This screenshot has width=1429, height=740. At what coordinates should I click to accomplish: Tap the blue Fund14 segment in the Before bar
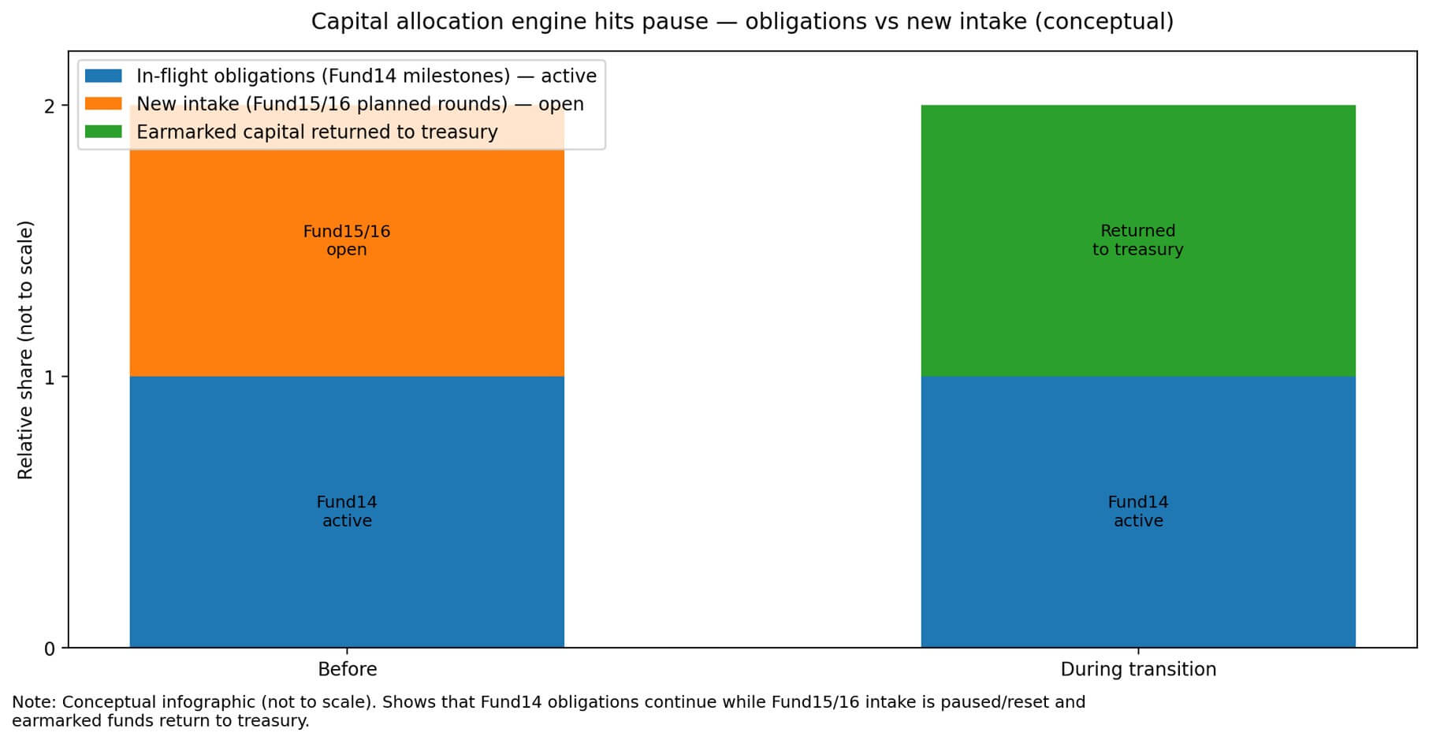347,567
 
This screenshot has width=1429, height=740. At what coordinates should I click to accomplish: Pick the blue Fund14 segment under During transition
1137,567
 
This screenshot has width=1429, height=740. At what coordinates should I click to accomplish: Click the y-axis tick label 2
50,106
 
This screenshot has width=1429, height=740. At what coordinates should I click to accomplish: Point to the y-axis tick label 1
50,377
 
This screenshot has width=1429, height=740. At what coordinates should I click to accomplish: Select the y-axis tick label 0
50,649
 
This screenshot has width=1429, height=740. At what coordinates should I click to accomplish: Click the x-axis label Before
347,670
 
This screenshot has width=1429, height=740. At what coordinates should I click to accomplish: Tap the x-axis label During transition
1137,670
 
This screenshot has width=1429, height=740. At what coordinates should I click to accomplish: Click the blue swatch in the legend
103,76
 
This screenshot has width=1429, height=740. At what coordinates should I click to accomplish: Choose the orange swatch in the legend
103,104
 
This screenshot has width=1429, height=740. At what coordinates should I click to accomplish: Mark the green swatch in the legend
103,132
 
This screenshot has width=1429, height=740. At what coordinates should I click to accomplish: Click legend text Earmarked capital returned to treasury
317,132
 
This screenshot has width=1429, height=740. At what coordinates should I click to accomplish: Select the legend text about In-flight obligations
366,76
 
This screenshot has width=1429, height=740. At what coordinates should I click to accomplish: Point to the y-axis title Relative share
25,349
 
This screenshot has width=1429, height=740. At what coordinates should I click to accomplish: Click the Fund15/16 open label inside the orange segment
347,240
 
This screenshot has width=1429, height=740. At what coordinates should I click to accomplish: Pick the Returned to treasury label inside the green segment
1137,240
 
